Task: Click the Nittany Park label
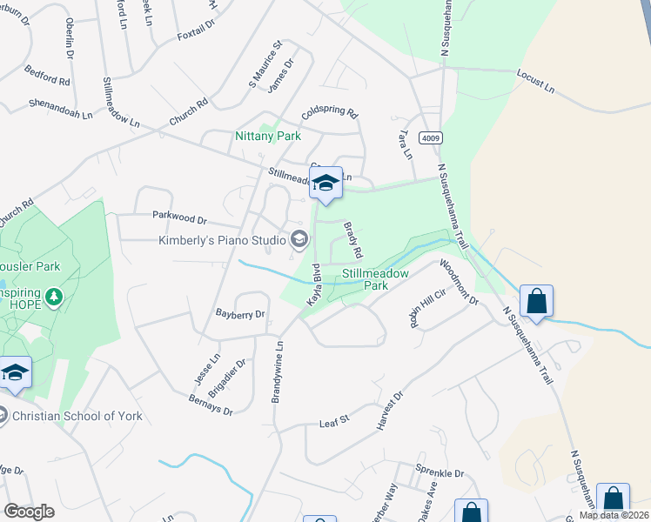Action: (267, 137)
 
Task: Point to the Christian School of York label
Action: (77, 416)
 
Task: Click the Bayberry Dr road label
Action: (240, 313)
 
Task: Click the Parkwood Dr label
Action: (179, 221)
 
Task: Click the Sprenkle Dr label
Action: (440, 472)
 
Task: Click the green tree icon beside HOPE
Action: (54, 298)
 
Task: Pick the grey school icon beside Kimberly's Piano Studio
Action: (299, 239)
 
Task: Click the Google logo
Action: (29, 512)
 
